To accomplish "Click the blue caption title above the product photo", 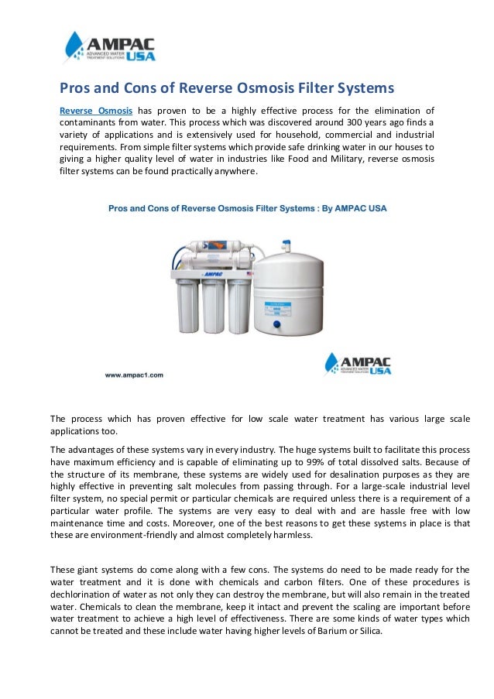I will [x=246, y=208].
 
